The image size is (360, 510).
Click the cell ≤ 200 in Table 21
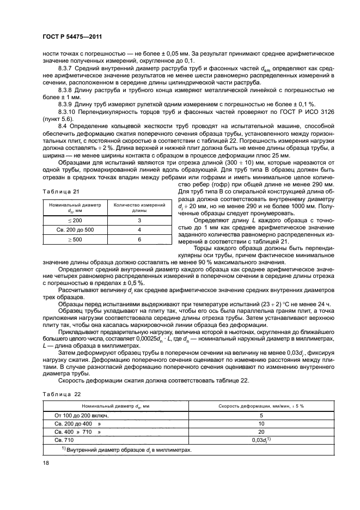(x=73, y=220)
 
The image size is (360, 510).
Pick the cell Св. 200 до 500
(x=73, y=229)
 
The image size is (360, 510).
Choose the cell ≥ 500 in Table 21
(x=73, y=239)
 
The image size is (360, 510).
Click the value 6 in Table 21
(x=139, y=239)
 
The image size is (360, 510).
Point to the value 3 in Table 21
(x=139, y=220)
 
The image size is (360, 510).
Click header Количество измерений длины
(x=139, y=208)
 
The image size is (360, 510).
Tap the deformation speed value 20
(x=261, y=432)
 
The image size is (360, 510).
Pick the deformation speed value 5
(x=261, y=415)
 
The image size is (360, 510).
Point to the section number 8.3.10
(x=66, y=110)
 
